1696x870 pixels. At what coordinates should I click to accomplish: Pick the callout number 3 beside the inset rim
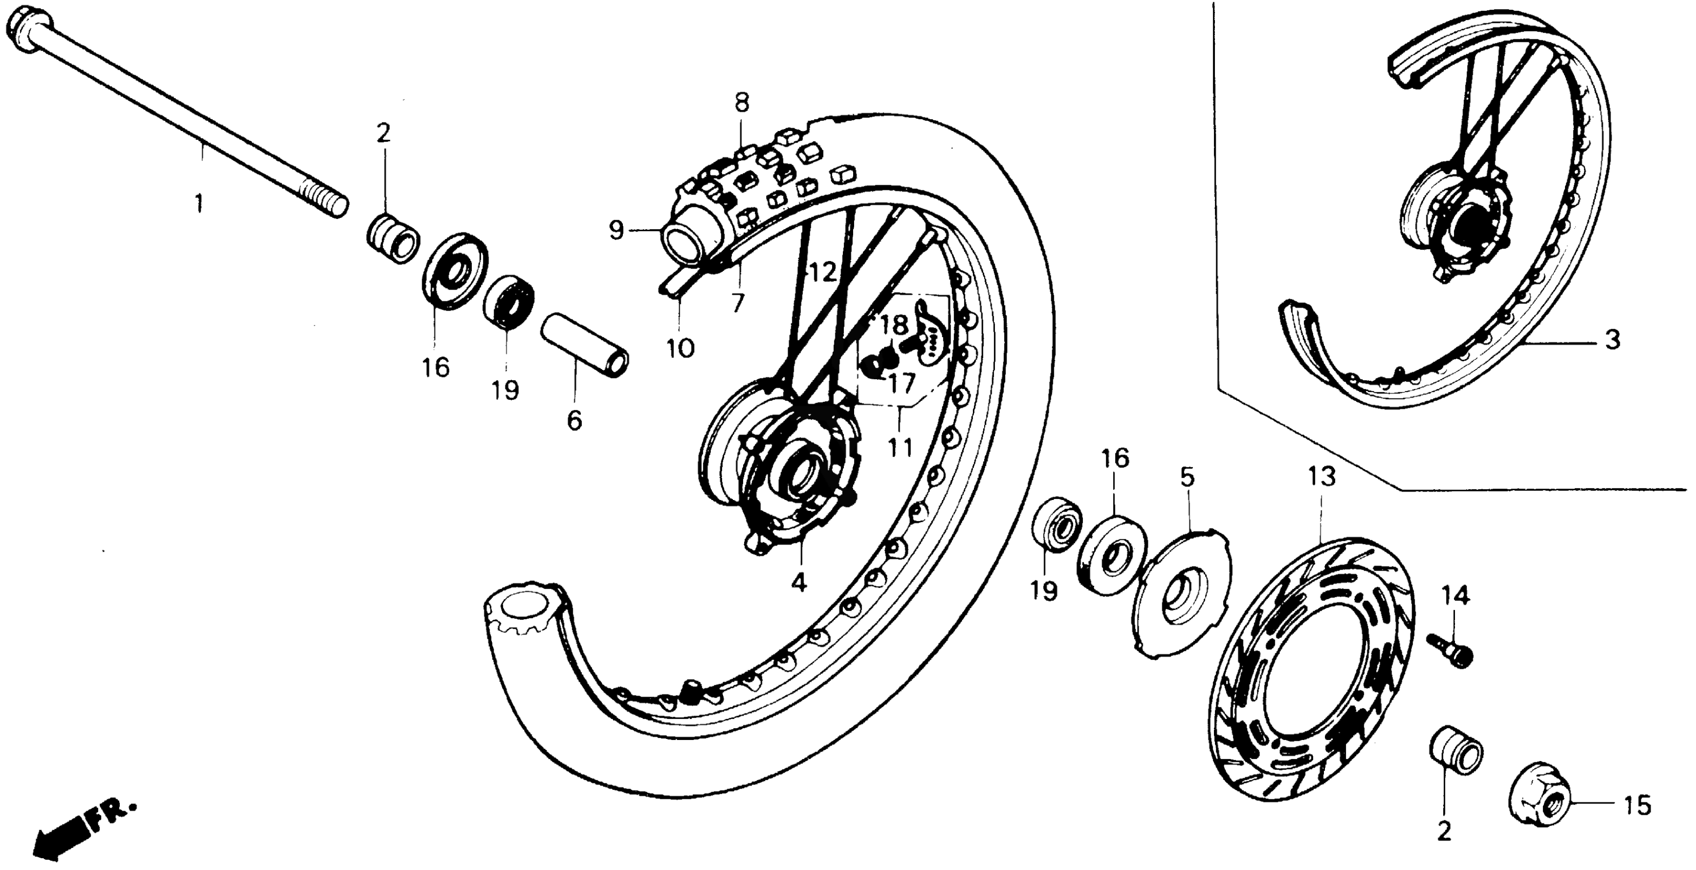pos(1611,340)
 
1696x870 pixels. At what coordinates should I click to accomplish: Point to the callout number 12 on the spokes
pos(822,271)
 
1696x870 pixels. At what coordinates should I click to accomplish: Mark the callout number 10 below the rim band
pos(680,347)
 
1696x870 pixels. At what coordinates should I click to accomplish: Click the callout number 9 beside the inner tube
pos(616,230)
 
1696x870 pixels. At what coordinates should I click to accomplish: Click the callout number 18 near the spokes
pos(894,324)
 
